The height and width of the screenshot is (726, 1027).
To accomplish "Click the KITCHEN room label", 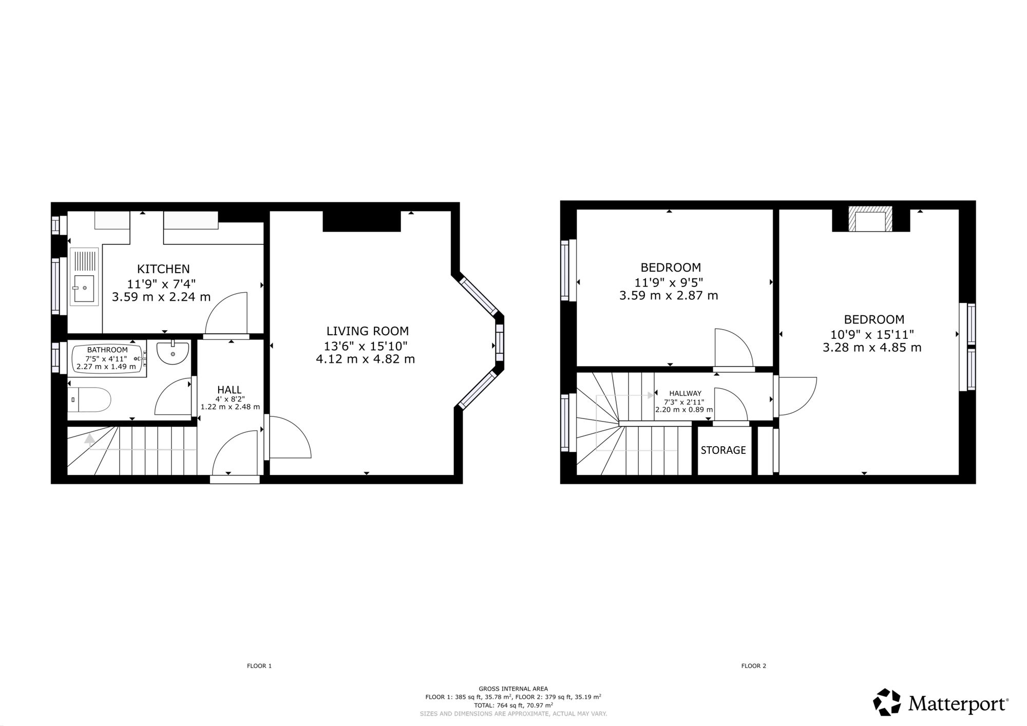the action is (163, 269).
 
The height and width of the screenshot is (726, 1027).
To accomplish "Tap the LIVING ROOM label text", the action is (368, 331).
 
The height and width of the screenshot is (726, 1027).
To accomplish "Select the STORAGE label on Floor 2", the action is (723, 450).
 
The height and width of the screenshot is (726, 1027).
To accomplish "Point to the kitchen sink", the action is (84, 277).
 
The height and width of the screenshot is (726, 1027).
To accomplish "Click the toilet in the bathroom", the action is (89, 400).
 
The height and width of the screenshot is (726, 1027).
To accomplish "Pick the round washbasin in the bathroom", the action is (173, 352).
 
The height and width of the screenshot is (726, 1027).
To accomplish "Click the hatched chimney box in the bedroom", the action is (870, 219).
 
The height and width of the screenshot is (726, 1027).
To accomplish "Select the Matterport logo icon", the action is (887, 702).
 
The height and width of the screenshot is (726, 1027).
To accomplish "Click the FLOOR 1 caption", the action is (259, 666).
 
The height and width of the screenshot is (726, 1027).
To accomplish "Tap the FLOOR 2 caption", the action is (754, 666).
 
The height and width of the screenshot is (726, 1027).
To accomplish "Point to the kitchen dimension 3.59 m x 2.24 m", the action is (161, 297).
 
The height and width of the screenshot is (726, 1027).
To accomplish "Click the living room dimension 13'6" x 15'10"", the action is (367, 346).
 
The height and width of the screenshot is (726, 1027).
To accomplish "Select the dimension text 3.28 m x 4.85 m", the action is (872, 348).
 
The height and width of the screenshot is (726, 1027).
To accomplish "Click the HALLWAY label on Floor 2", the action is (685, 393).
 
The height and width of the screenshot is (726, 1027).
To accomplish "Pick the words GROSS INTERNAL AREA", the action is (513, 689).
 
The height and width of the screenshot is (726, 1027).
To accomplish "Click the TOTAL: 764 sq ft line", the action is (513, 705).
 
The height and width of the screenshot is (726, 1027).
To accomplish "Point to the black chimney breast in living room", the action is (362, 221).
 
